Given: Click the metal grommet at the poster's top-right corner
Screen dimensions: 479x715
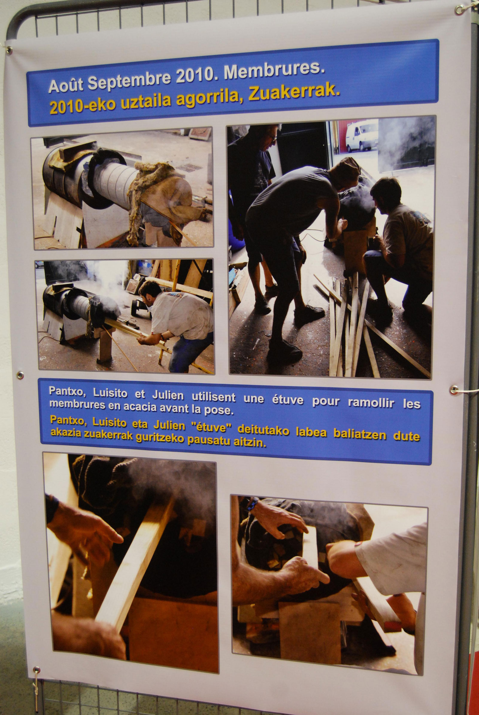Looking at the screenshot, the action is click(x=459, y=10).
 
